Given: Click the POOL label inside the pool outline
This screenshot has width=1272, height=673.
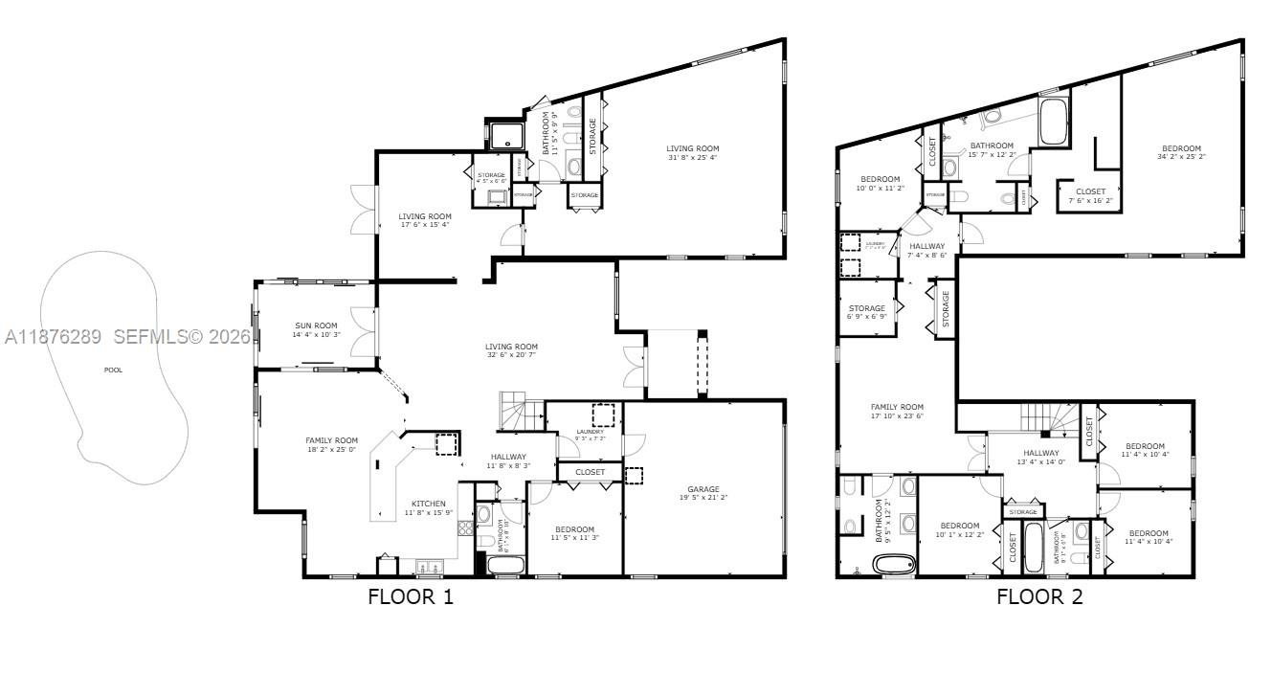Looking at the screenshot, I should (113, 370).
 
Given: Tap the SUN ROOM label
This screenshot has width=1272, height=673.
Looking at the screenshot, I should (315, 325).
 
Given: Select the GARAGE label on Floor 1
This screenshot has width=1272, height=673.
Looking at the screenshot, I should (703, 489).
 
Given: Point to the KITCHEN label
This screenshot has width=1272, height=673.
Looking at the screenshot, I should (428, 504).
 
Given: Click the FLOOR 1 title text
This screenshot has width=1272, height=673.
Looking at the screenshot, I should (411, 597).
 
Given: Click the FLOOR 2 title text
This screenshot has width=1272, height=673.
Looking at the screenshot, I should (1039, 597).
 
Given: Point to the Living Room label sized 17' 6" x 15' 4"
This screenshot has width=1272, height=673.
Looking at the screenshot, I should (424, 216).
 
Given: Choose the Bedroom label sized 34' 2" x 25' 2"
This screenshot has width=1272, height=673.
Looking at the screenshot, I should (1181, 148).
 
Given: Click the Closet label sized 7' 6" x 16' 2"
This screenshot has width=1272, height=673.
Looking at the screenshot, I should (1090, 191).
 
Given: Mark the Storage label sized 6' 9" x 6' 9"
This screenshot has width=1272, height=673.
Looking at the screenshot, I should (866, 309).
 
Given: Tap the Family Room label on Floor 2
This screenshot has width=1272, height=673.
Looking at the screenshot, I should (897, 407).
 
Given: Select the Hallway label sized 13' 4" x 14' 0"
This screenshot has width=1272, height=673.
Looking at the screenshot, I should (1040, 454).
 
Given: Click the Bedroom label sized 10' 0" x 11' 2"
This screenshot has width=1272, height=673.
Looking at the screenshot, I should (880, 179).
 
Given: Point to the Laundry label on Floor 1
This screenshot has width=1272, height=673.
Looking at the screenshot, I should (590, 432).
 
